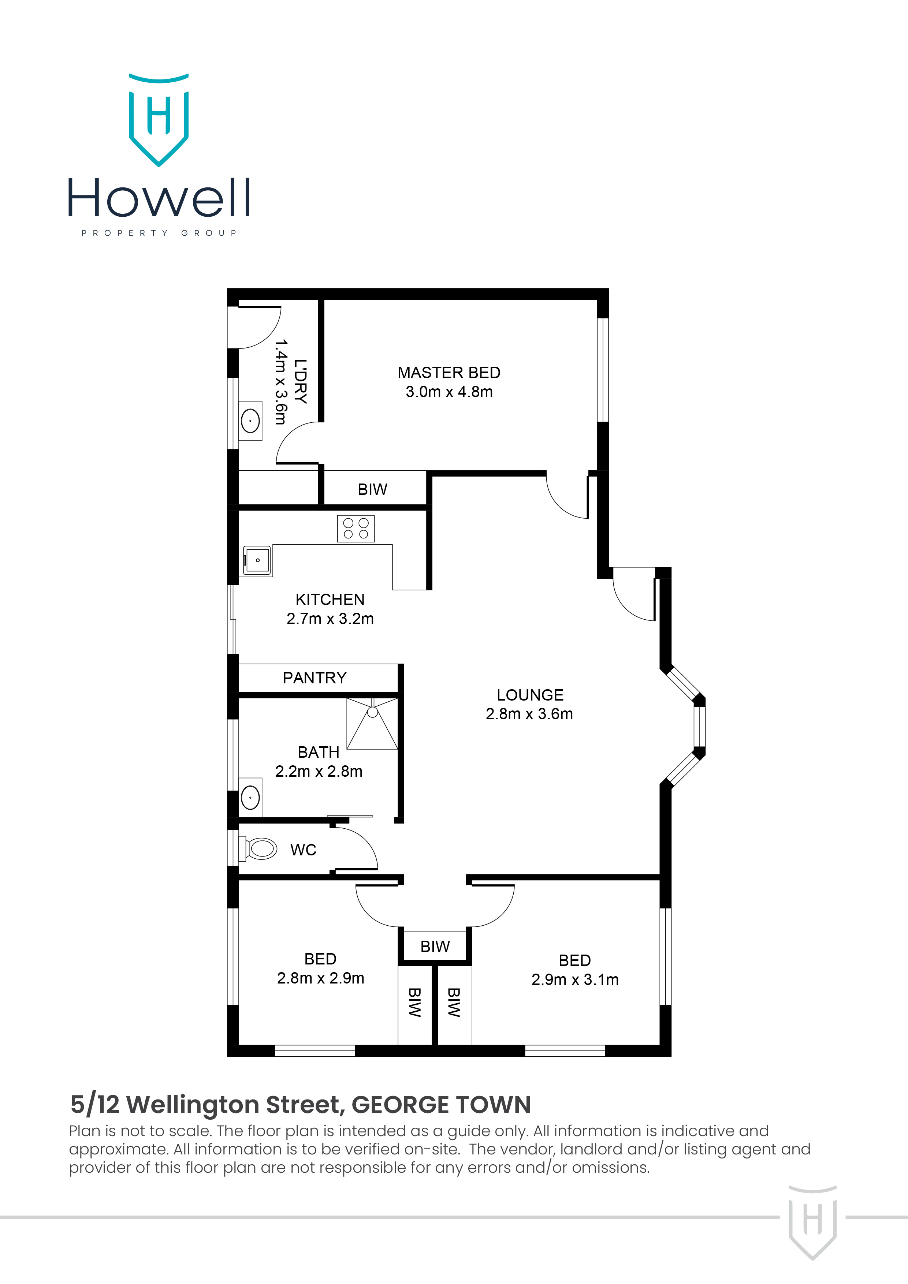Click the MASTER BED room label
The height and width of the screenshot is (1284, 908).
tap(449, 373)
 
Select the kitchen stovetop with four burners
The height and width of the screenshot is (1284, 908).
tap(356, 529)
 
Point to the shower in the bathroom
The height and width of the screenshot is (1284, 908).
tap(372, 723)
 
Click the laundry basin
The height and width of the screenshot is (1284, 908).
tap(250, 421)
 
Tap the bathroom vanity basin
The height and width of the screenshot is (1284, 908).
tap(250, 797)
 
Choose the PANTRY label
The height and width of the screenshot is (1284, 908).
tap(315, 678)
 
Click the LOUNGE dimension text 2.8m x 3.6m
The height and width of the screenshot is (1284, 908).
tap(529, 714)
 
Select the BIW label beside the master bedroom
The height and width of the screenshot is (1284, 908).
tap(372, 489)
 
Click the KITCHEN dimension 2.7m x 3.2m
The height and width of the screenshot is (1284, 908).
tap(330, 619)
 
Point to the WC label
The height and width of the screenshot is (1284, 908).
tap(303, 850)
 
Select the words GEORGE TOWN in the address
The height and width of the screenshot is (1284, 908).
tap(441, 1105)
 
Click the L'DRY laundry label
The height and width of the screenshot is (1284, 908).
tap(301, 381)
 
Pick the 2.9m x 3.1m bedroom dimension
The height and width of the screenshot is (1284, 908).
tap(574, 980)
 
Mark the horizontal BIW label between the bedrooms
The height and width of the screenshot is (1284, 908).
tap(435, 946)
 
